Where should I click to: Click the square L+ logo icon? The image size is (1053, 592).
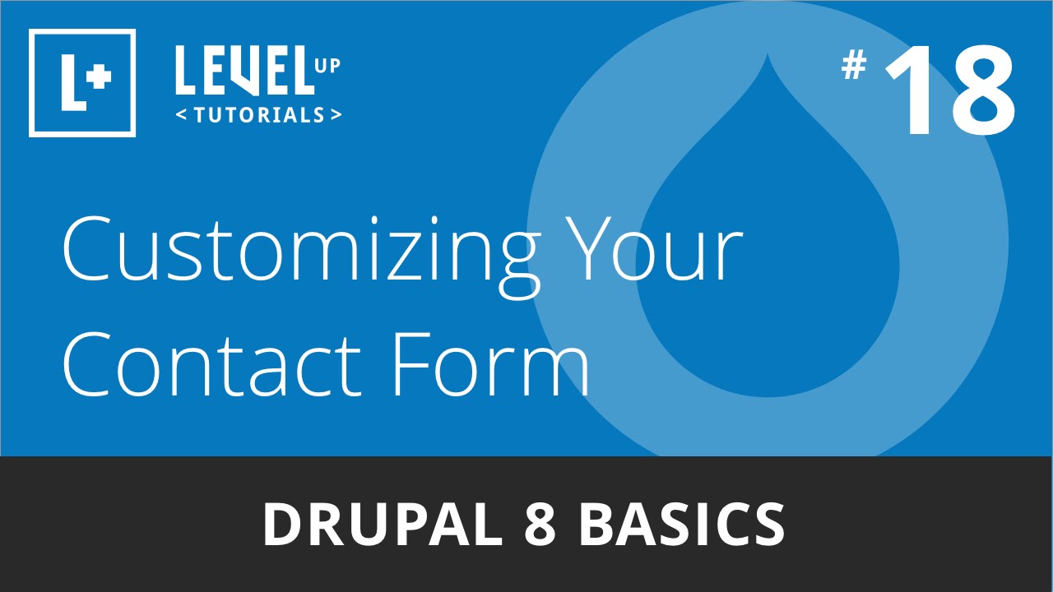click(x=82, y=82)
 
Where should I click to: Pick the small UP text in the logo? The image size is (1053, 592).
click(x=327, y=66)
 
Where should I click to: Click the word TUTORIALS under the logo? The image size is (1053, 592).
click(x=259, y=115)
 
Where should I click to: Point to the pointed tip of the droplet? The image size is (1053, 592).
click(x=768, y=58)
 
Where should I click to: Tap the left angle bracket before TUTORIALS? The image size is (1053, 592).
click(x=181, y=115)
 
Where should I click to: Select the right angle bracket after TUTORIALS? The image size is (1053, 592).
click(x=336, y=115)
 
